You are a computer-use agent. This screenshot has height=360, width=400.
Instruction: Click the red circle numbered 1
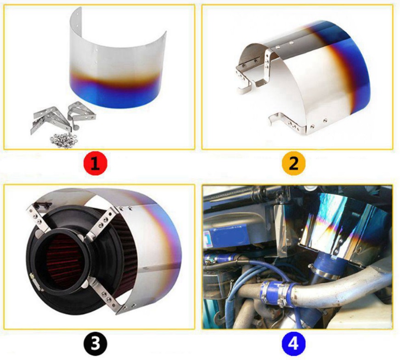[95, 164]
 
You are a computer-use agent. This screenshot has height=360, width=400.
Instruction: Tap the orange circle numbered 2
[293, 164]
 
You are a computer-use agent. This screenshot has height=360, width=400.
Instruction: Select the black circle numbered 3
[95, 343]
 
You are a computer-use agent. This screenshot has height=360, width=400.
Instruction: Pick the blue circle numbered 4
[293, 343]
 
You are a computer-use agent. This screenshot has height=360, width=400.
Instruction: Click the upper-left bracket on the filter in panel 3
[38, 218]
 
